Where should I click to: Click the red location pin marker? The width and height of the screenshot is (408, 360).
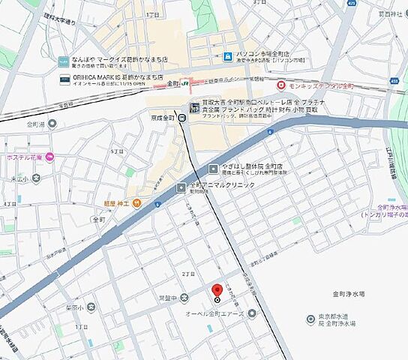pyautogui.click(x=217, y=291)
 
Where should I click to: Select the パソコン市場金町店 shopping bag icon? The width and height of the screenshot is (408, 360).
pyautogui.click(x=226, y=56)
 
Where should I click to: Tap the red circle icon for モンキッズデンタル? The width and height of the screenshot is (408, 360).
pyautogui.click(x=280, y=85)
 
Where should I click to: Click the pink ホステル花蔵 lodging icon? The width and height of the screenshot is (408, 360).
pyautogui.click(x=49, y=157)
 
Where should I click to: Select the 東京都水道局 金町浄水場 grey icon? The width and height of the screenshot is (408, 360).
pyautogui.click(x=310, y=319)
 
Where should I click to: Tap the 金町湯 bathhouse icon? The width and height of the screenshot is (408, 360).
pyautogui.click(x=52, y=124)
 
